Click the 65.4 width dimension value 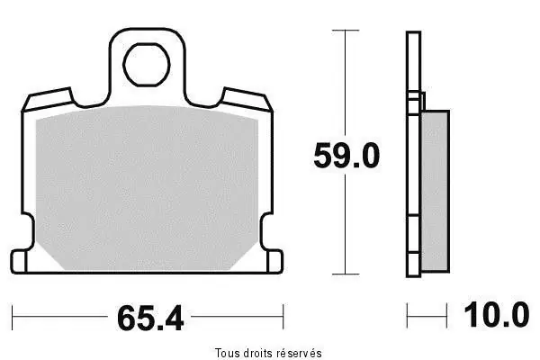150,319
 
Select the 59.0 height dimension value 346,156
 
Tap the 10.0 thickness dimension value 497,315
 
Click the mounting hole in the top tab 147,65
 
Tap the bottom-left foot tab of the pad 19,262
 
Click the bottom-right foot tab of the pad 274,262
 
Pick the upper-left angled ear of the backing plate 49,99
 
